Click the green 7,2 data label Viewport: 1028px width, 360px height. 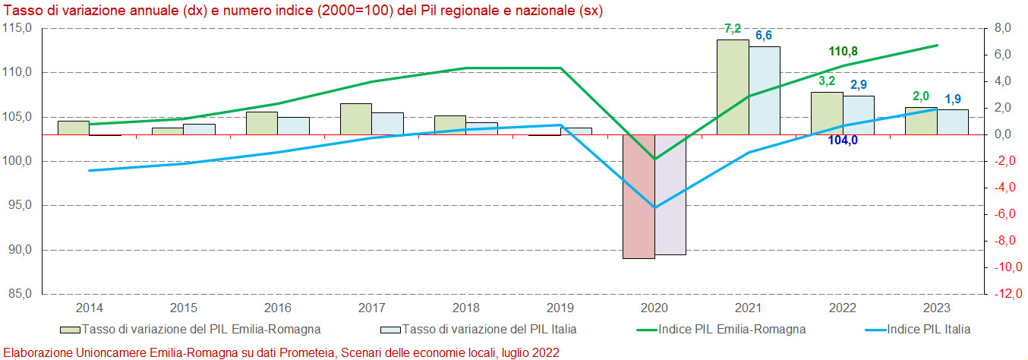733,29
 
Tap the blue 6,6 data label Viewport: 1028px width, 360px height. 764,36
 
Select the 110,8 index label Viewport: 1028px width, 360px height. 843,52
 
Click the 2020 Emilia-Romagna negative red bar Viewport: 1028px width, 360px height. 639,196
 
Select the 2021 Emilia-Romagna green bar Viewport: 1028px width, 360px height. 733,87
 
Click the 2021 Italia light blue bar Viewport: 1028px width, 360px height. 765,90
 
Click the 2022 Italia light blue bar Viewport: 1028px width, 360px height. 859,115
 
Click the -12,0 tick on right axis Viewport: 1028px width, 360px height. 1006,294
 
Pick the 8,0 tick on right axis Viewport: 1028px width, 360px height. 1004,28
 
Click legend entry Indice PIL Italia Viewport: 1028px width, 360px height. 929,329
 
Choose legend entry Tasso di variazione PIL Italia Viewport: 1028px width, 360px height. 489,329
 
